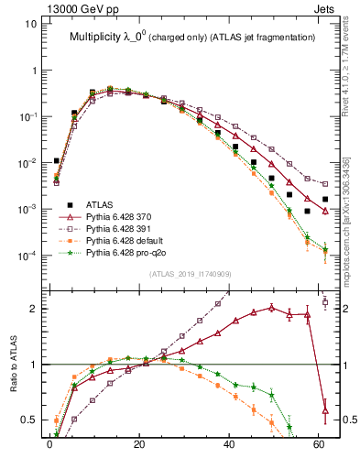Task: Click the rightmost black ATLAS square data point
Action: pyautogui.click(x=325, y=199)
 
